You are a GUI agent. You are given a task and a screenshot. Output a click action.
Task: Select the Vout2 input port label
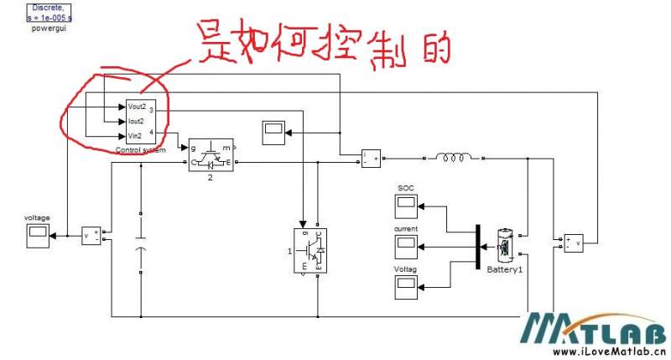point(137,107)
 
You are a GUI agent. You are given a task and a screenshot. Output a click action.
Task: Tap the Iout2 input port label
point(136,121)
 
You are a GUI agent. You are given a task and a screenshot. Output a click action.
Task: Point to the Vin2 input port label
point(135,135)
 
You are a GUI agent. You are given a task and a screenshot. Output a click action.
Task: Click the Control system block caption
point(140,150)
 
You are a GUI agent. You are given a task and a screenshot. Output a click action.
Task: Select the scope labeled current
point(406,245)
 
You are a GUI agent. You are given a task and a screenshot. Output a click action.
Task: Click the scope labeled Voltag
point(406,286)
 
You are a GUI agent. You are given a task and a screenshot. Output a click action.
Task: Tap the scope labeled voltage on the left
point(38,236)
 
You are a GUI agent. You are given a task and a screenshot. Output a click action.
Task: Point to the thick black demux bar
point(476,247)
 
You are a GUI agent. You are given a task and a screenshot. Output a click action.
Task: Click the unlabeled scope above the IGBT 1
point(273,131)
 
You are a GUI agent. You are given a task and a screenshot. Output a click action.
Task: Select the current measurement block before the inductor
point(370,158)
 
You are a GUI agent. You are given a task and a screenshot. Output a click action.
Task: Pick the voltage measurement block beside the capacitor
point(91,236)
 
